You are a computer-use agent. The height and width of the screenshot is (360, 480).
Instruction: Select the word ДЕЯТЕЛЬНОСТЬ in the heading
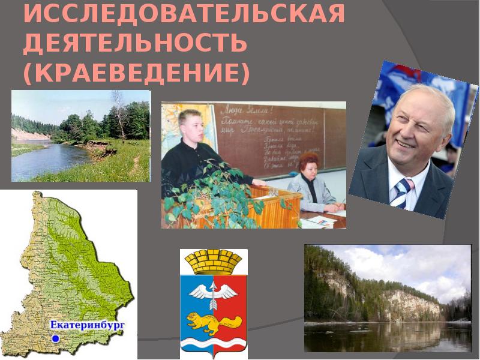(x=134, y=43)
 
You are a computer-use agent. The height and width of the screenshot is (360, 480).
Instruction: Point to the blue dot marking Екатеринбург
(x=55, y=339)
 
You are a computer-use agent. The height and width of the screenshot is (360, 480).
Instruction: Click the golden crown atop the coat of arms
(x=213, y=262)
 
